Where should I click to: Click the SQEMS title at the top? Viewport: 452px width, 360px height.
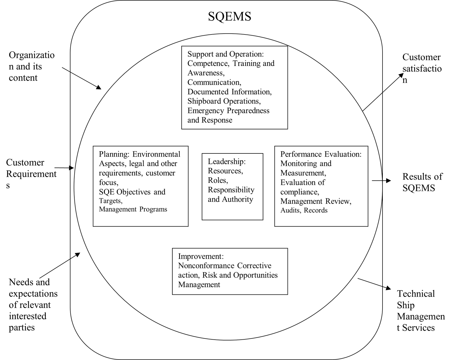pyautogui.click(x=230, y=16)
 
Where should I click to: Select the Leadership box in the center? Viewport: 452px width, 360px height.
pyautogui.click(x=232, y=186)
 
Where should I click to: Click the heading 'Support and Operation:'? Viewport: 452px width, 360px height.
pyautogui.click(x=225, y=54)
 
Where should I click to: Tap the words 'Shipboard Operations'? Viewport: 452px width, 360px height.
pyautogui.click(x=224, y=101)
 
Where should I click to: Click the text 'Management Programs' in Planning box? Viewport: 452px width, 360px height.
pyautogui.click(x=133, y=209)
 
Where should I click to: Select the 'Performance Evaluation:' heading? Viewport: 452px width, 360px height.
pyautogui.click(x=321, y=154)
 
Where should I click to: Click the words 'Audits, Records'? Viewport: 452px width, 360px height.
pyautogui.click(x=304, y=210)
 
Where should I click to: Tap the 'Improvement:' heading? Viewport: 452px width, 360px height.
pyautogui.click(x=201, y=256)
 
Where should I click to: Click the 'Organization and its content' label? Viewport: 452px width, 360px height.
pyautogui.click(x=32, y=66)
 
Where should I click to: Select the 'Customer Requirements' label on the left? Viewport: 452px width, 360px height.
pyautogui.click(x=31, y=174)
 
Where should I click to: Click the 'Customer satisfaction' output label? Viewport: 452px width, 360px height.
pyautogui.click(x=422, y=68)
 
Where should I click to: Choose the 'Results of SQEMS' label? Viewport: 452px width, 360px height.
pyautogui.click(x=422, y=182)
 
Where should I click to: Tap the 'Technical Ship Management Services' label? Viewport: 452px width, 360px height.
pyautogui.click(x=421, y=311)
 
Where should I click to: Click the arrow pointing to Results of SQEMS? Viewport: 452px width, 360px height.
pyautogui.click(x=381, y=181)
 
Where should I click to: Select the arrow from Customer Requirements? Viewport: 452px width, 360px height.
pyautogui.click(x=64, y=168)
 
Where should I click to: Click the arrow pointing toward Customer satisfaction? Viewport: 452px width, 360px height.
pyautogui.click(x=383, y=92)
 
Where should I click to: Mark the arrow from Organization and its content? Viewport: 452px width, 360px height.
pyautogui.click(x=81, y=78)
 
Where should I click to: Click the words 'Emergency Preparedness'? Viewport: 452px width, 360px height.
pyautogui.click(x=228, y=111)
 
